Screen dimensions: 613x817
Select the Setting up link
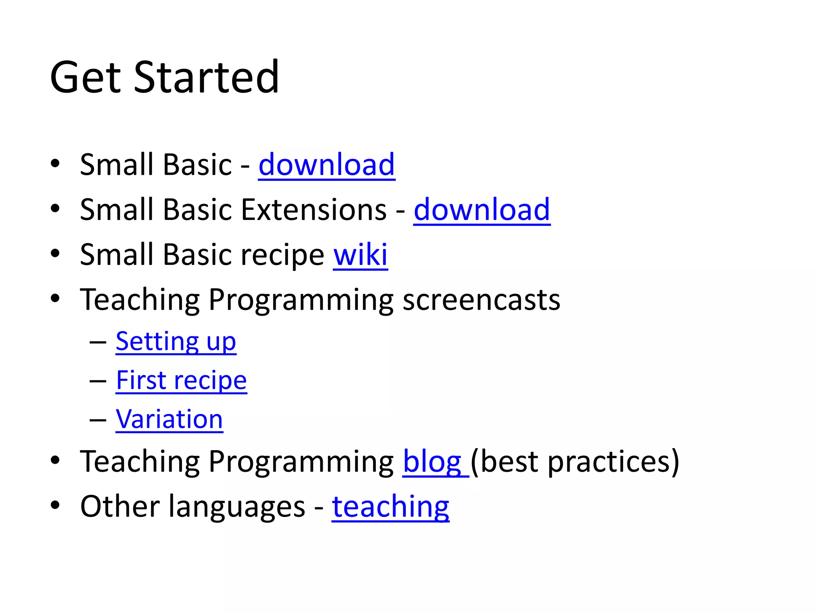176,342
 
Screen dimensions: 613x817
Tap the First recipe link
181,380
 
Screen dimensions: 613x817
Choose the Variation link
169,419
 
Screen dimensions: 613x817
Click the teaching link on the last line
390,506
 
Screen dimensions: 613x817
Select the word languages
237,507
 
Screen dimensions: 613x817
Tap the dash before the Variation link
98,420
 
